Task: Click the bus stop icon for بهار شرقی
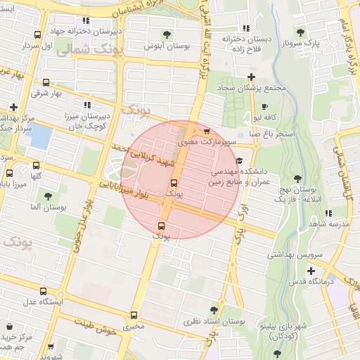(46, 82)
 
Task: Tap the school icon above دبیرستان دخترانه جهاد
(86, 20)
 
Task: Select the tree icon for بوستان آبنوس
(167, 34)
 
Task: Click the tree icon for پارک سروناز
(301, 32)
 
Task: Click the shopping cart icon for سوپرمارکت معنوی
(206, 131)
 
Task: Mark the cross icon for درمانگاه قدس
(311, 270)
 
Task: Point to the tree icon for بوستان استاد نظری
(214, 309)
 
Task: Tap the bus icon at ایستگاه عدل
(44, 291)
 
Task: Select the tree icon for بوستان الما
(48, 196)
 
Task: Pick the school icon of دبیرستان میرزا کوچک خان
(87, 103)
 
